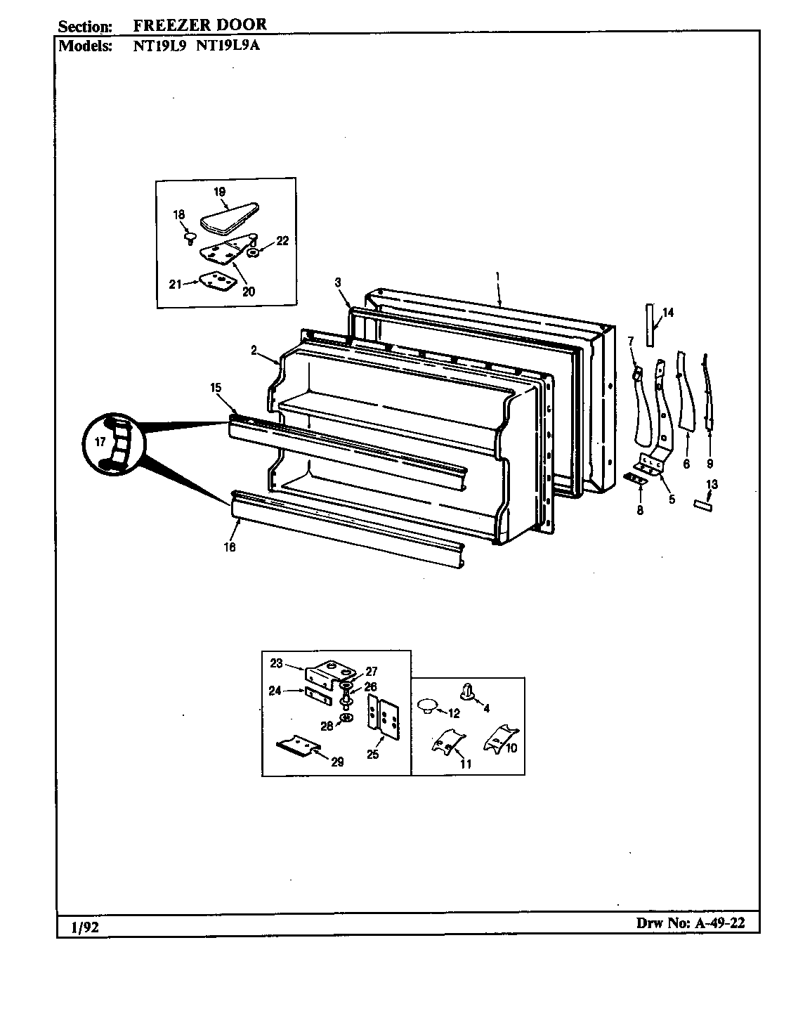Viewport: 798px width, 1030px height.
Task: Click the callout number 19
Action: [x=219, y=192]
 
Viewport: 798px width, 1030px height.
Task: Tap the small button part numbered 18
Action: [x=188, y=239]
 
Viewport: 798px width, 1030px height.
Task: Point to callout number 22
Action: [x=282, y=241]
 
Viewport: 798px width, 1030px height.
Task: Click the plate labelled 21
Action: [x=216, y=281]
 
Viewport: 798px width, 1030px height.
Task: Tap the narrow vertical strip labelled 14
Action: [x=650, y=325]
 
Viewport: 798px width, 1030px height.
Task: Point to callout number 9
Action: [x=709, y=464]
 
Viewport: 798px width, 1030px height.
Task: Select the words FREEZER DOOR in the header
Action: [x=199, y=25]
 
